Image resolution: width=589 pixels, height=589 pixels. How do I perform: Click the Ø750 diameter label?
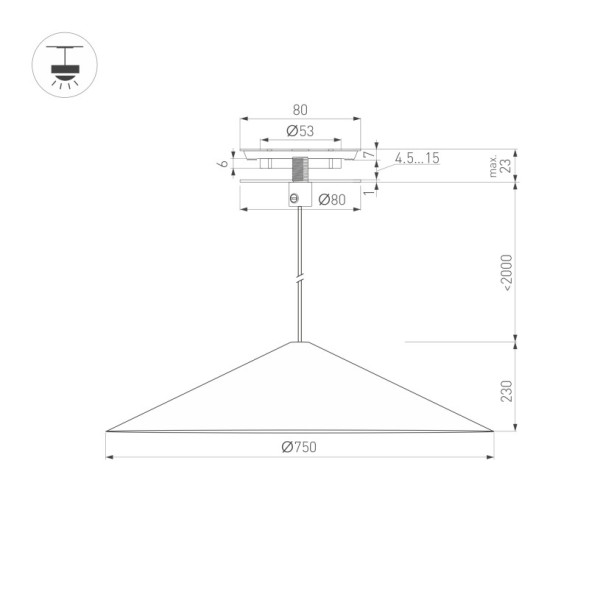[298, 447]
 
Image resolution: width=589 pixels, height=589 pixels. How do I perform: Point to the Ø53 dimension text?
[300, 131]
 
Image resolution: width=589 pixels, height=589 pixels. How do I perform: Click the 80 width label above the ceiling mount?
[299, 109]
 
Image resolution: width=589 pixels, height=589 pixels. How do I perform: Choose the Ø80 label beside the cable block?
[331, 199]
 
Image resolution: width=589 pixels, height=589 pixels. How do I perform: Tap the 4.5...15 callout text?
[416, 158]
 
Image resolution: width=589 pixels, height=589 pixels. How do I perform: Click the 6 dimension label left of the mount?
[223, 162]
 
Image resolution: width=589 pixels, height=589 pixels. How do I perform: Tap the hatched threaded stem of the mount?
[299, 168]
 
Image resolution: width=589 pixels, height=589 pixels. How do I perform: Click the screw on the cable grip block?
[294, 198]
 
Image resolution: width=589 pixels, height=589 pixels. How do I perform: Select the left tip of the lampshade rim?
[106, 431]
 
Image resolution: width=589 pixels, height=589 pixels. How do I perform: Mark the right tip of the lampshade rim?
[493, 431]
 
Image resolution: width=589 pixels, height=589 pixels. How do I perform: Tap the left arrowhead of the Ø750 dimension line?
[109, 458]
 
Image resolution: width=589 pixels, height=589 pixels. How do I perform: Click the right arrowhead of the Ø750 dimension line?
[490, 458]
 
